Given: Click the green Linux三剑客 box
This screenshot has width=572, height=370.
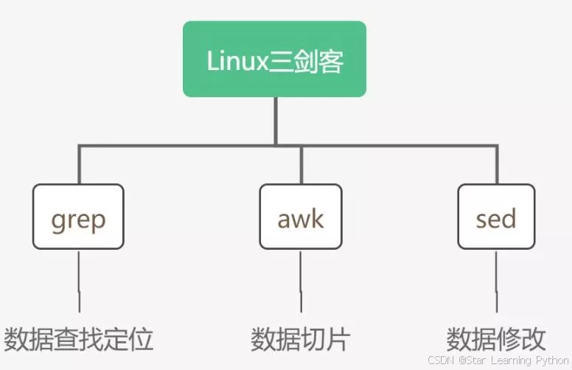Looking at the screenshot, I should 274,59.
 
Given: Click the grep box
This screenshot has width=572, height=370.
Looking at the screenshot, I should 78,217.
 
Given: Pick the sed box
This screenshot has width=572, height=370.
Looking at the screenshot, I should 496,217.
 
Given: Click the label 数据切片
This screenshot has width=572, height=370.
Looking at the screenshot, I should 300,340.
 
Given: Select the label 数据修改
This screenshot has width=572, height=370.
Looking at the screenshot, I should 496,340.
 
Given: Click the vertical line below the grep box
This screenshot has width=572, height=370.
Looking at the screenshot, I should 79,280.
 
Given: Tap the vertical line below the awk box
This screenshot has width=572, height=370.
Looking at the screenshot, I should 301,280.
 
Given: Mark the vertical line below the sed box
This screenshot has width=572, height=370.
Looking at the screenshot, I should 496,280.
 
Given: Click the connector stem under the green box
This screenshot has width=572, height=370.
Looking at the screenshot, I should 275,121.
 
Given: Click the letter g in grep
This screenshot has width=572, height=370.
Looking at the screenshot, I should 58,220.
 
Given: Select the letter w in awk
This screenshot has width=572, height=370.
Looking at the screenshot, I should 302,219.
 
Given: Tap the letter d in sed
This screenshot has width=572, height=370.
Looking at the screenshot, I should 507,217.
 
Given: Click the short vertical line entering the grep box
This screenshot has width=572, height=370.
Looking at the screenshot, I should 79,165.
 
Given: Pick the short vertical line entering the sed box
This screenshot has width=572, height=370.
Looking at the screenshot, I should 496,165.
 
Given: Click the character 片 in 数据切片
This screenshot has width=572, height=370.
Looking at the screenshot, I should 338,340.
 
